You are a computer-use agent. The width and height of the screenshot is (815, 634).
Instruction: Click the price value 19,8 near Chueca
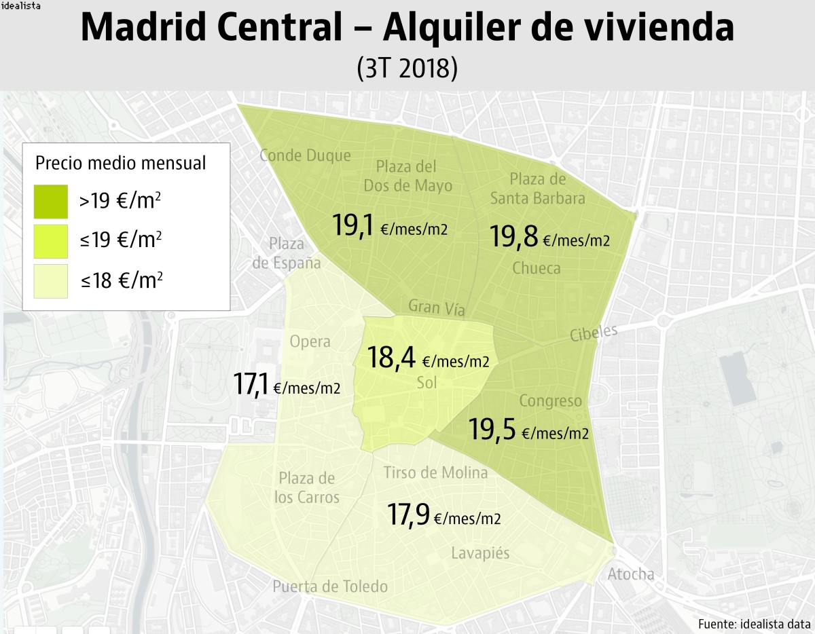tap(514, 238)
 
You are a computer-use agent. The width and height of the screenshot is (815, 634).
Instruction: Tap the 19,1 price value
tap(355, 225)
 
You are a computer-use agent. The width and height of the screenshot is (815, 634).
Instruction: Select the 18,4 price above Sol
tap(392, 358)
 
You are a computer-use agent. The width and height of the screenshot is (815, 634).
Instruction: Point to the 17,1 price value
tap(251, 384)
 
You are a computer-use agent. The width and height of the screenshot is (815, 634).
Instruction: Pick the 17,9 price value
tap(408, 515)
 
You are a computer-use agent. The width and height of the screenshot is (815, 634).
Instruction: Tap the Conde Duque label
tap(305, 155)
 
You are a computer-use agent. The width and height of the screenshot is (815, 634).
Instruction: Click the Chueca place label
tap(537, 268)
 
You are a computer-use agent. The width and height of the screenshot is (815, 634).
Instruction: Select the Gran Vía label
tap(437, 307)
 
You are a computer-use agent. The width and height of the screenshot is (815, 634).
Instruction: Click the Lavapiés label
tap(480, 553)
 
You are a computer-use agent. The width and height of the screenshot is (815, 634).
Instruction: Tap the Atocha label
tap(631, 574)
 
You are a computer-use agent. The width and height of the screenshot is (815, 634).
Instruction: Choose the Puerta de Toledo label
tap(330, 586)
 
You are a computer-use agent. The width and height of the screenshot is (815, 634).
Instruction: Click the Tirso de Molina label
tap(435, 472)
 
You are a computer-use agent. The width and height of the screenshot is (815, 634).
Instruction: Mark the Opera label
tap(310, 341)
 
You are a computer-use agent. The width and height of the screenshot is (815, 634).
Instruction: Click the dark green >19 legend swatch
tap(51, 202)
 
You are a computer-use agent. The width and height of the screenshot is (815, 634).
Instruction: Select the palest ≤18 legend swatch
tap(51, 281)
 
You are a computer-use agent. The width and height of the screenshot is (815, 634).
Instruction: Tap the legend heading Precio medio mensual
tap(120, 163)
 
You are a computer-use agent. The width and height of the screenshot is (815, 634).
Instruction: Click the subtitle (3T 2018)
tap(407, 69)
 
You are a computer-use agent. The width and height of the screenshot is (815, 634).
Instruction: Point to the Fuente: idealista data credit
tap(753, 623)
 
